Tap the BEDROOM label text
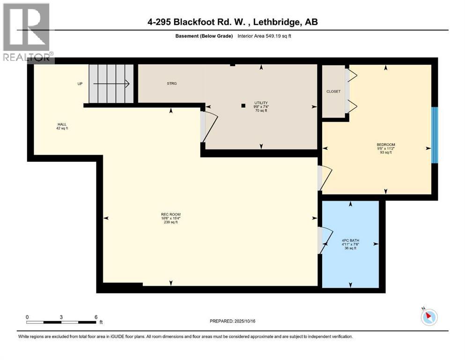(386, 144)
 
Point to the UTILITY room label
(261, 103)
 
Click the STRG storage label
(171, 83)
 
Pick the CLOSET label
(333, 91)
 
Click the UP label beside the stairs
(80, 84)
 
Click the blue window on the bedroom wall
(434, 135)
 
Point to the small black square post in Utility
(243, 105)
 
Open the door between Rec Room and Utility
(209, 126)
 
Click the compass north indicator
(428, 317)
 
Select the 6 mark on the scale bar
(96, 317)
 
